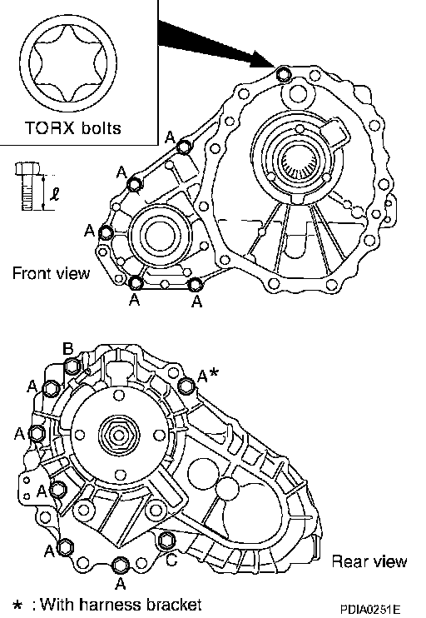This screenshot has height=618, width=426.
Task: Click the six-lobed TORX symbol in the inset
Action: [67, 63]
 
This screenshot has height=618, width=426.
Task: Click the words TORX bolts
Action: [73, 128]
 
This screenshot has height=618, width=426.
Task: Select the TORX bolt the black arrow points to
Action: [283, 74]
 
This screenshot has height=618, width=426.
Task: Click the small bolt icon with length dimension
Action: [27, 186]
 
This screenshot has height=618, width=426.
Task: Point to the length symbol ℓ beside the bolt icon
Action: [55, 194]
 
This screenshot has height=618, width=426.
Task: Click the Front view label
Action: [52, 273]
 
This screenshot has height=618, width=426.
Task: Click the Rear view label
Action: [369, 561]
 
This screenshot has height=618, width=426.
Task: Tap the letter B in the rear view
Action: [68, 349]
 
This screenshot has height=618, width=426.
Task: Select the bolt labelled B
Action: [72, 366]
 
